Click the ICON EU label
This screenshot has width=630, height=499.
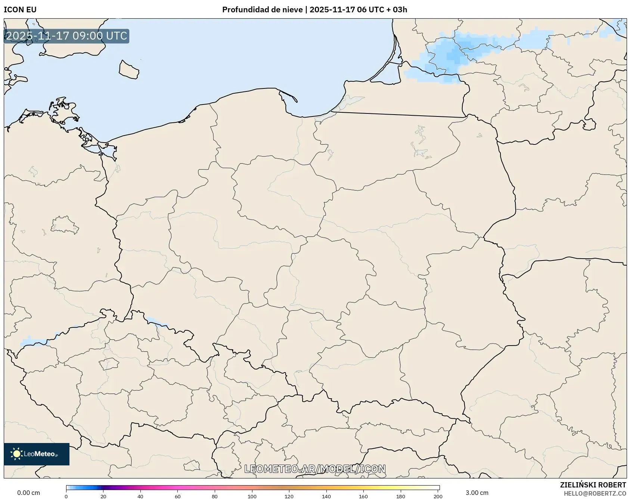[x=20, y=10]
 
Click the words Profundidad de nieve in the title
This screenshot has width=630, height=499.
[x=262, y=10]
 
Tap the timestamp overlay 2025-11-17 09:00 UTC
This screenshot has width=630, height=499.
[x=66, y=36]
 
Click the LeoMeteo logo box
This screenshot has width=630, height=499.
[x=37, y=454]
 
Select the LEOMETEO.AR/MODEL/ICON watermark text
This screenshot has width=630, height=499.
[x=315, y=469]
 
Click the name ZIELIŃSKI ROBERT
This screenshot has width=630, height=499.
[x=593, y=485]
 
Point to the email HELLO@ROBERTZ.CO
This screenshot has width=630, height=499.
[x=595, y=493]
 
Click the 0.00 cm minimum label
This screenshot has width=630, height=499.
[x=29, y=493]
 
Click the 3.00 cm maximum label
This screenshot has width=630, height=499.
[x=477, y=493]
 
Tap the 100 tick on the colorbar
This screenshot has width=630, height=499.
[x=252, y=496]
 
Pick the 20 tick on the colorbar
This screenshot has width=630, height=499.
[x=103, y=496]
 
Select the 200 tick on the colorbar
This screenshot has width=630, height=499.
[x=438, y=496]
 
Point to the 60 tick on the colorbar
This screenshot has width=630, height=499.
[x=178, y=496]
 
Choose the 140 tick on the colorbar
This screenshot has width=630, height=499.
[x=326, y=496]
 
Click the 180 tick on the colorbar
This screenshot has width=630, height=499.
[x=401, y=496]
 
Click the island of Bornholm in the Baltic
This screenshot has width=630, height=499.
[x=129, y=70]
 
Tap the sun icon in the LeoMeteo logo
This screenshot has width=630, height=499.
[x=17, y=454]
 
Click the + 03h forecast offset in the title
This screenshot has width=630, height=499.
[x=397, y=10]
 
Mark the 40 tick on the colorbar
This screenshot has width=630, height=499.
[x=140, y=496]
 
